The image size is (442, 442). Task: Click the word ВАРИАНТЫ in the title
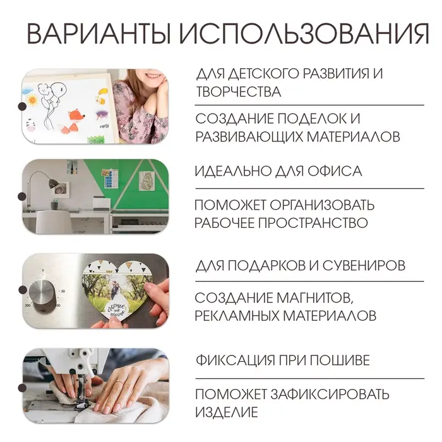(x=98, y=34)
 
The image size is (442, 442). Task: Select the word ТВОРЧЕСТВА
(x=238, y=92)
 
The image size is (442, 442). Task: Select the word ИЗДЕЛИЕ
(x=226, y=413)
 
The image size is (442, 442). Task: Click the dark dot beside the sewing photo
(x=22, y=386)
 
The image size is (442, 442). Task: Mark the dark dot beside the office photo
(x=22, y=197)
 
